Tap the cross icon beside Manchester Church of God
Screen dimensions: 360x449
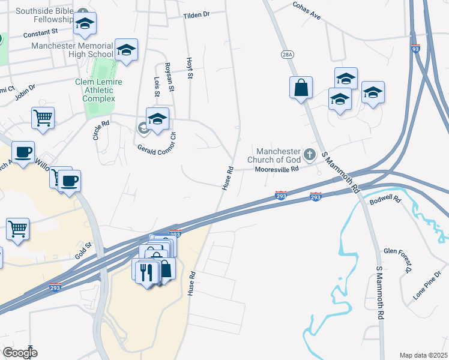point(310,155)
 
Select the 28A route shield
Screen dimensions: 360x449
point(287,54)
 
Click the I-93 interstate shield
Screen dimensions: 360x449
point(415,50)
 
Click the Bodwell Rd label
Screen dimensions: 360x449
point(385,199)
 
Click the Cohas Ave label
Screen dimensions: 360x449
point(307,13)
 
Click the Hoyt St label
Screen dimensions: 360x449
point(189,68)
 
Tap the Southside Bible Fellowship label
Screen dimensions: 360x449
point(43,16)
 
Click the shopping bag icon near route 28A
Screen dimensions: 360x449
point(301,88)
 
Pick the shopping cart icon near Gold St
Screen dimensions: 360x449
point(18,228)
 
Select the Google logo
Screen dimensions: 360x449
point(20,353)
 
